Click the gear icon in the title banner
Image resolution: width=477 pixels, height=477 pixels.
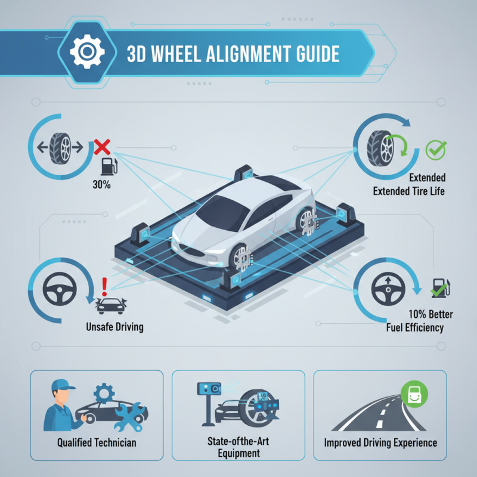pos(83,53)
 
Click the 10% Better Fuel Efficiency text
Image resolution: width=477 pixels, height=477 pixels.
pos(413,321)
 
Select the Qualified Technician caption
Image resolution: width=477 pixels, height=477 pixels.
pos(97,443)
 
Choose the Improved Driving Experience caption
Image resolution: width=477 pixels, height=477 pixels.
pos(380,443)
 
